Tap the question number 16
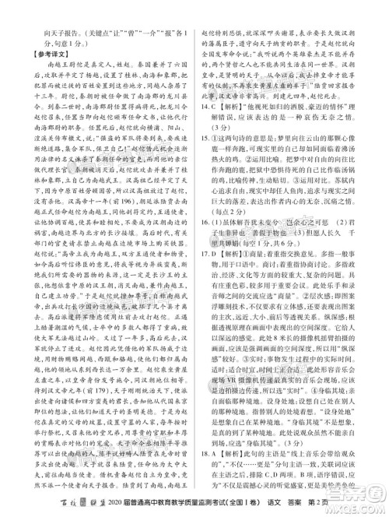point(204,264)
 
